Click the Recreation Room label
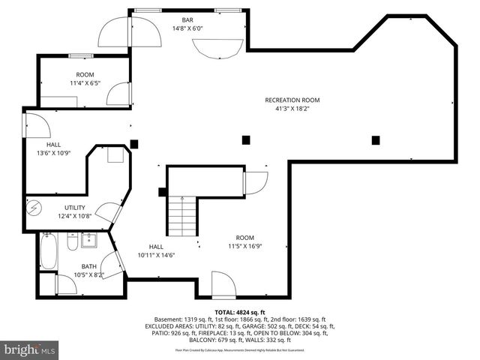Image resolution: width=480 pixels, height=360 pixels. (x=292, y=100)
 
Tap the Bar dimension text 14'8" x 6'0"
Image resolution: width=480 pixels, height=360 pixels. (x=187, y=28)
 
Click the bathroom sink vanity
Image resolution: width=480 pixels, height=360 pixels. (x=89, y=241)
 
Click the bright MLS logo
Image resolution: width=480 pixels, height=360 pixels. (x=29, y=349)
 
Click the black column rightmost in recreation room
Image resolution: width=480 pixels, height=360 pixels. (x=376, y=139)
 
